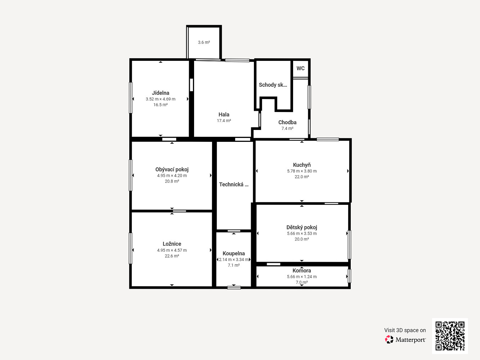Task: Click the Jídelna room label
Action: click(x=161, y=93)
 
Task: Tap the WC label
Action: click(x=300, y=68)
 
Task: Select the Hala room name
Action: click(x=224, y=114)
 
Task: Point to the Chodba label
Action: click(x=287, y=122)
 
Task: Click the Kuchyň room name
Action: click(x=302, y=165)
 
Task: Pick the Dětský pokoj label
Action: click(x=302, y=227)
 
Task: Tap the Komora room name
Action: click(x=302, y=270)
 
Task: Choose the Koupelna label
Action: click(x=234, y=253)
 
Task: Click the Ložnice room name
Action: click(x=172, y=244)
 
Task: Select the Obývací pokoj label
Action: click(x=172, y=170)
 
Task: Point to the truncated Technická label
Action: click(x=234, y=184)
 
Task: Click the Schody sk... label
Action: click(x=273, y=85)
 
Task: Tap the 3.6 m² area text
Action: click(x=204, y=42)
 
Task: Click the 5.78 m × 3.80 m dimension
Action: click(x=302, y=171)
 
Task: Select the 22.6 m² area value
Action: click(x=172, y=256)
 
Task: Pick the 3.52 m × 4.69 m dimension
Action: click(x=161, y=99)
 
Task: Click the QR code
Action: click(x=450, y=336)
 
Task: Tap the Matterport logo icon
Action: click(x=389, y=339)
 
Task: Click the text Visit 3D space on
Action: click(x=405, y=330)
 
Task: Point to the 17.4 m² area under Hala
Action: click(x=224, y=121)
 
